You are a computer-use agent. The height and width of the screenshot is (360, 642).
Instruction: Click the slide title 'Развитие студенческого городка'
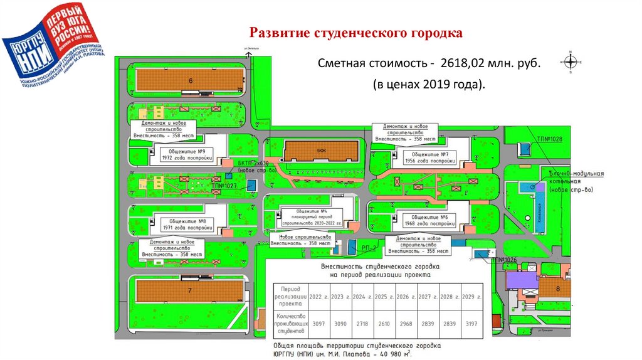pos(356,33)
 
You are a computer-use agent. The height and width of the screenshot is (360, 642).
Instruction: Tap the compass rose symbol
pos(571,61)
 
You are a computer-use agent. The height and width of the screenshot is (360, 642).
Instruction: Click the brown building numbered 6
pos(190,80)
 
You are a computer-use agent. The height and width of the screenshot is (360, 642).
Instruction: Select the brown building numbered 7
pos(190,290)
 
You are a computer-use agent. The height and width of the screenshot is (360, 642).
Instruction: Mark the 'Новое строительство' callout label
pos(305,237)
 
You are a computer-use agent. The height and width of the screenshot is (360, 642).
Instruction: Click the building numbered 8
pos(557,289)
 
